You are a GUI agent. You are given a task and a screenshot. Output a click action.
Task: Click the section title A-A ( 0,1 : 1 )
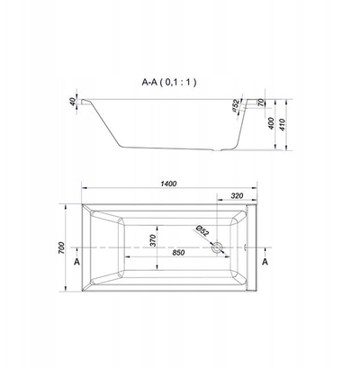[x=169, y=82]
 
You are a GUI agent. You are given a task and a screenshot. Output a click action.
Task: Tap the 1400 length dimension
[x=168, y=184]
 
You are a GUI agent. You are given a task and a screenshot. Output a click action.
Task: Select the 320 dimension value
[x=237, y=196]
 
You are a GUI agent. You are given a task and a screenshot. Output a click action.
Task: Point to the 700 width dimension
[x=61, y=247]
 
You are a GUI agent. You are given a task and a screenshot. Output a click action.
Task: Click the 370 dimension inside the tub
[x=153, y=240]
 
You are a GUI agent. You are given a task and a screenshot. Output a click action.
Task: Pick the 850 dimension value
[x=178, y=253]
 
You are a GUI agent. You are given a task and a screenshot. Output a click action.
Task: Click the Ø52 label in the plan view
[x=202, y=230]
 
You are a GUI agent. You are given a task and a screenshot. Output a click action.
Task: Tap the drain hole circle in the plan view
[x=217, y=247]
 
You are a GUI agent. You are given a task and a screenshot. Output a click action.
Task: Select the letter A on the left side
[x=77, y=262]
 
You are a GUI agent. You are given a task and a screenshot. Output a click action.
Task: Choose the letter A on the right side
[x=265, y=262]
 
